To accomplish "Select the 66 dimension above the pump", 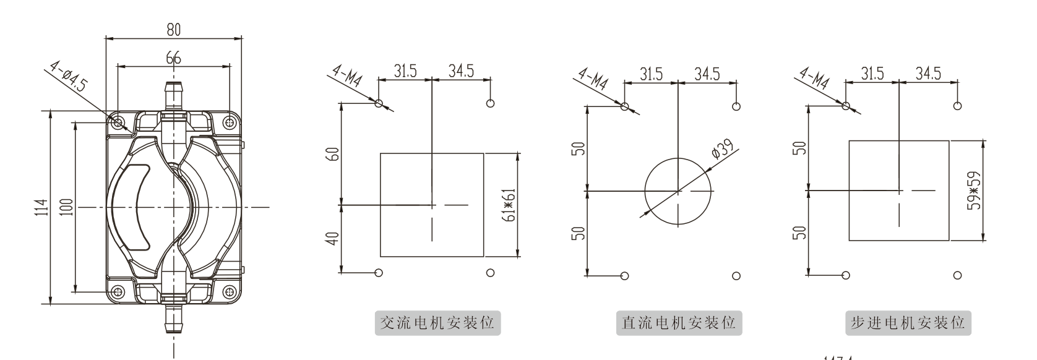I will click(173, 58).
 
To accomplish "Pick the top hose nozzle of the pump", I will click(173, 95).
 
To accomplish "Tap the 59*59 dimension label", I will click(973, 190).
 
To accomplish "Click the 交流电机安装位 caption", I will click(437, 324).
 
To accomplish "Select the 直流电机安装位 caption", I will click(678, 324).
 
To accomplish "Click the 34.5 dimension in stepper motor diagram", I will click(928, 74).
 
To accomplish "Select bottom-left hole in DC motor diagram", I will click(624, 275).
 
